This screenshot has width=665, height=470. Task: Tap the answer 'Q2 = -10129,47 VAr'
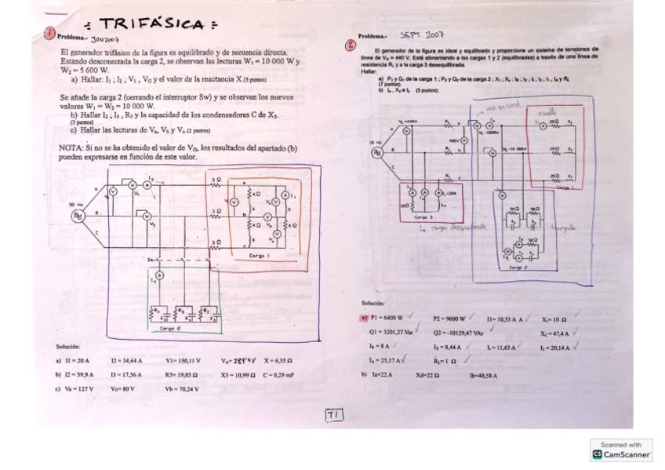coord(459,332)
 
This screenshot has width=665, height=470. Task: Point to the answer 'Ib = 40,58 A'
coord(483,375)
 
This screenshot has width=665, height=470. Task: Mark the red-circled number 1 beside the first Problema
coord(49,32)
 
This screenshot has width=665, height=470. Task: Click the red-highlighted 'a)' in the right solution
coord(364,319)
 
